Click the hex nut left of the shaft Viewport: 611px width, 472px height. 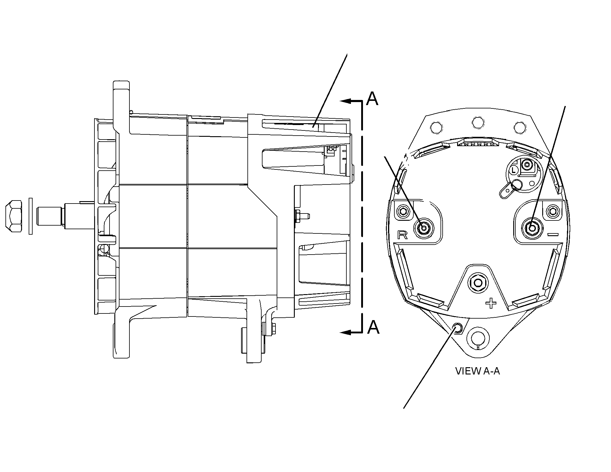tap(14, 216)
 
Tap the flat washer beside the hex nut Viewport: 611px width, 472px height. tap(30, 216)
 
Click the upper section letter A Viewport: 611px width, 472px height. tap(372, 98)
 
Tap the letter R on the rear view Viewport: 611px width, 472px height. tap(403, 235)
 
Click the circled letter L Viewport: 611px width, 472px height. tap(513, 171)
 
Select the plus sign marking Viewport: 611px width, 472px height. tap(491, 303)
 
